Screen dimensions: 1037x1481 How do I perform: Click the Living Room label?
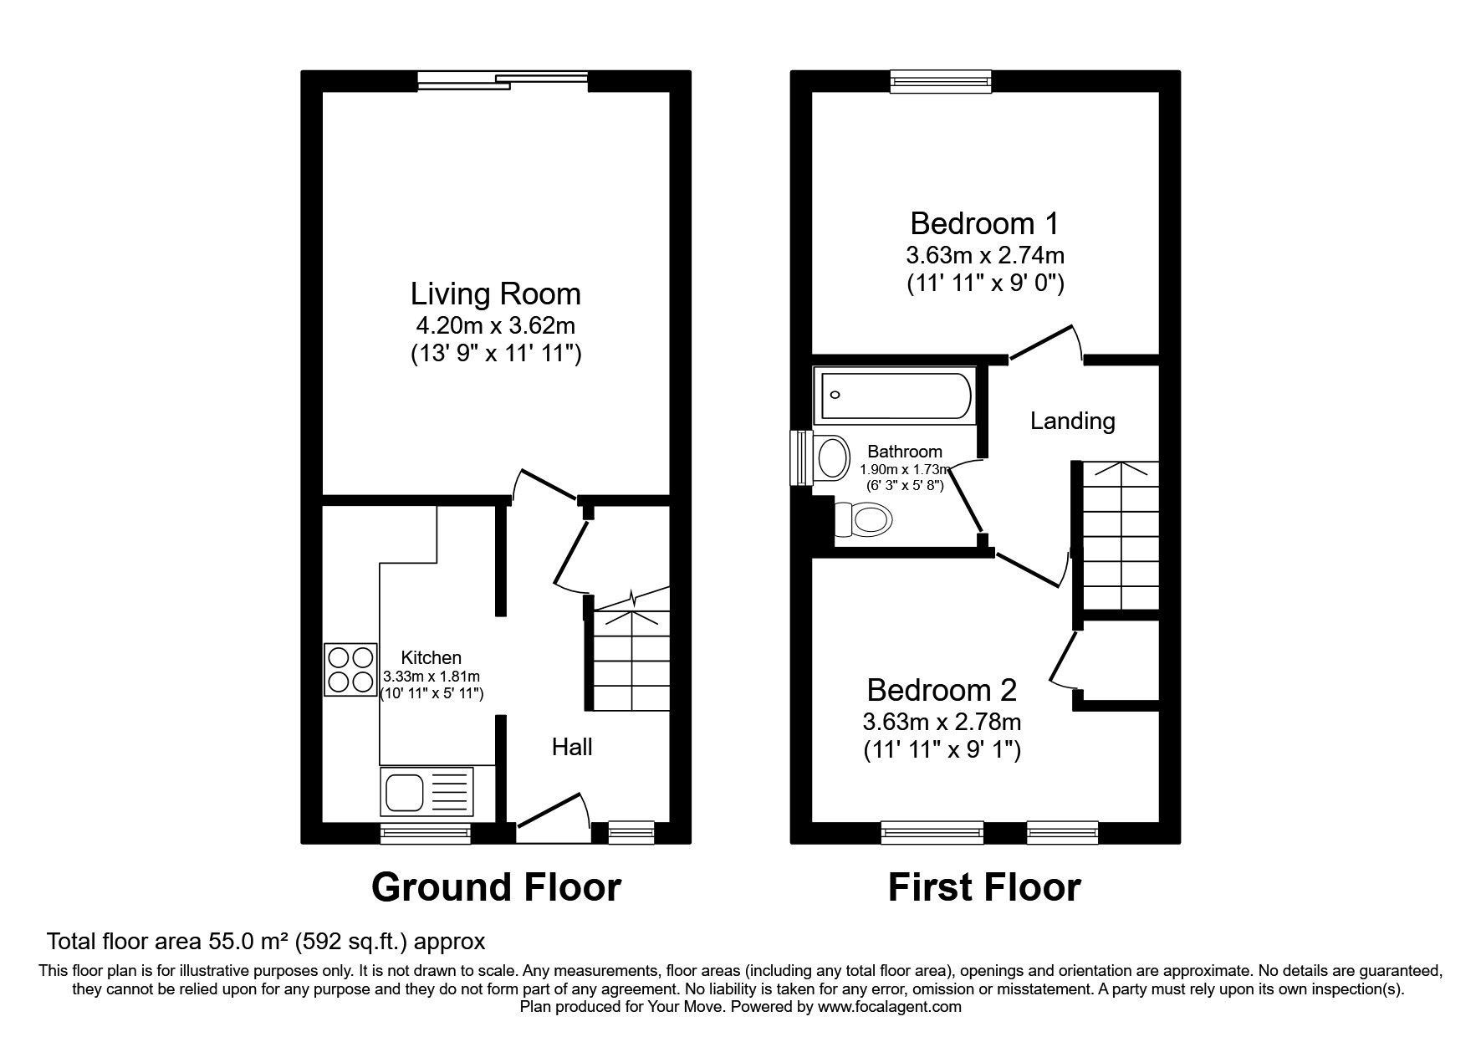(495, 294)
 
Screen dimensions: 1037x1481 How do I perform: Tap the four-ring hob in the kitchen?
(350, 670)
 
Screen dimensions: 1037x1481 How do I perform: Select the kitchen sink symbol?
(426, 791)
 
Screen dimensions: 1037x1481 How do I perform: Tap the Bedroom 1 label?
(984, 223)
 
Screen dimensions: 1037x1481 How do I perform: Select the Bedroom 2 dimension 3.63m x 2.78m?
(942, 721)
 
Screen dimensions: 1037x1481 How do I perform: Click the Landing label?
(1072, 421)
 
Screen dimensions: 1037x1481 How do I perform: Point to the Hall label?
(572, 747)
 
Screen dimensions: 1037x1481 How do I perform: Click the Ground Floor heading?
(496, 887)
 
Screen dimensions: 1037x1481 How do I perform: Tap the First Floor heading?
(984, 887)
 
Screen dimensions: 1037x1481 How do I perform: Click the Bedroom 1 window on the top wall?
(941, 80)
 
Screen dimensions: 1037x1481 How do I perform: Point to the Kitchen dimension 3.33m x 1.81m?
(432, 677)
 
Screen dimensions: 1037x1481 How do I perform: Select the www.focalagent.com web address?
(890, 1007)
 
